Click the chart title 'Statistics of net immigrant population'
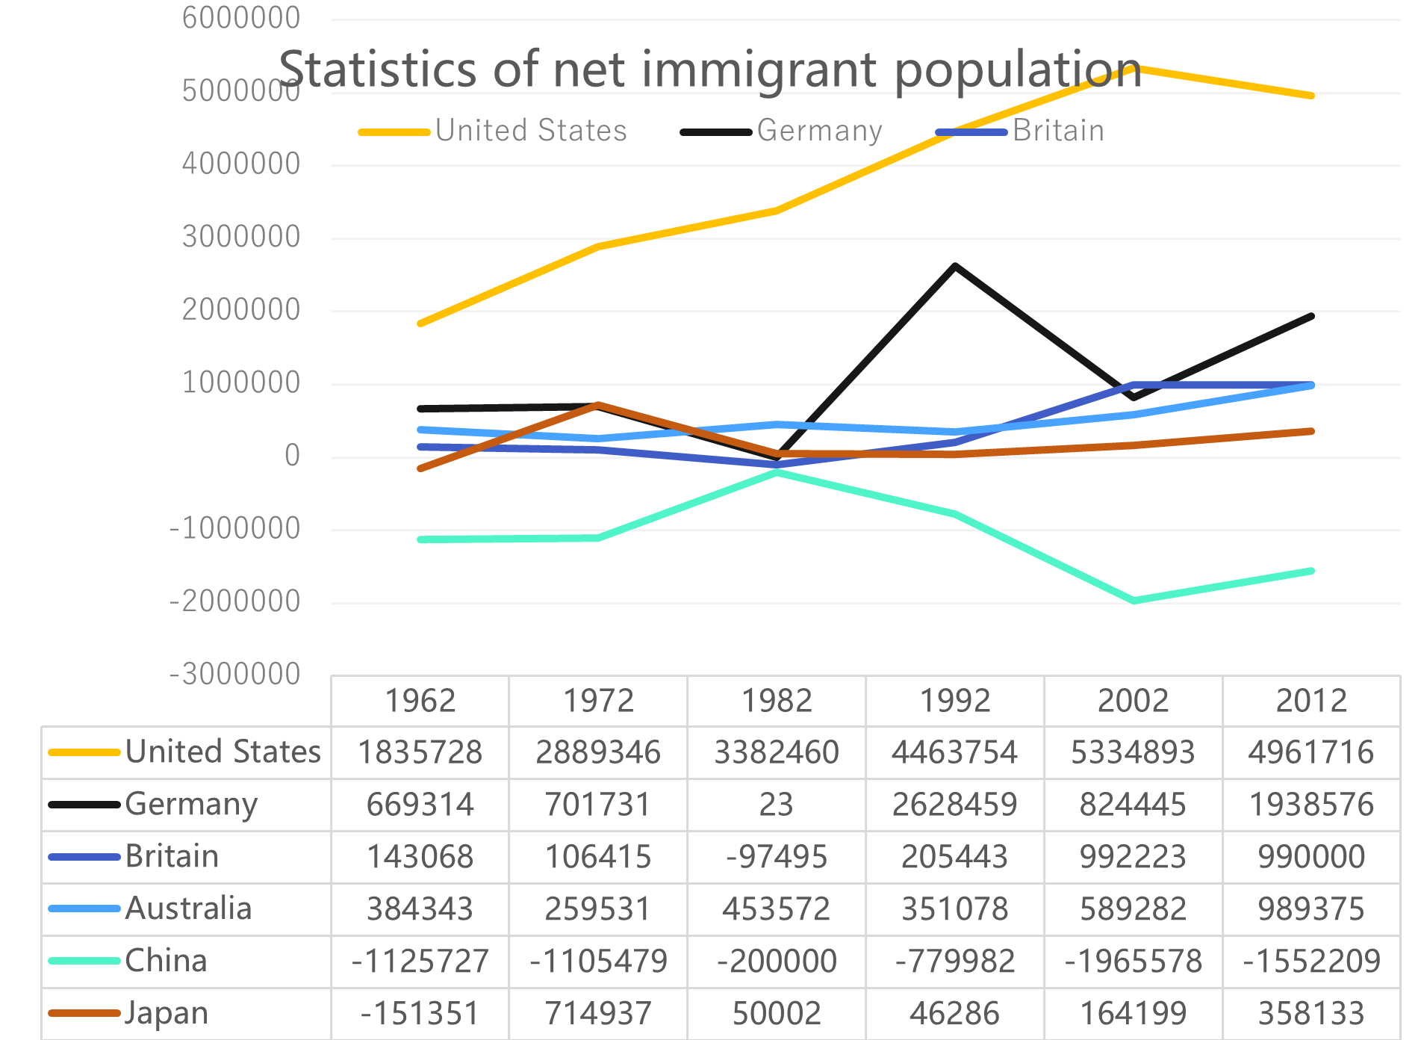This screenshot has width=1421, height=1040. tap(709, 69)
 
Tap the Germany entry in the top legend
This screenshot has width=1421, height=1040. tap(819, 131)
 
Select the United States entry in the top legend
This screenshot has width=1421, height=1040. tap(530, 131)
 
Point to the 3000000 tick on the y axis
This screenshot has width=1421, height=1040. tap(240, 237)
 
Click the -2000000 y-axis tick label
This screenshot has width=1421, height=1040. tap(234, 601)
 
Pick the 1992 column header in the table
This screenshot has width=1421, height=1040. tap(954, 701)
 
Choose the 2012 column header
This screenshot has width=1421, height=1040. tap(1311, 701)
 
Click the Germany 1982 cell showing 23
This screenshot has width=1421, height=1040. tap(777, 805)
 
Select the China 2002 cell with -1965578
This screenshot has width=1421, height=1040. tap(1133, 961)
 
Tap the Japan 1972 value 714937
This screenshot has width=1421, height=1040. tap(598, 1014)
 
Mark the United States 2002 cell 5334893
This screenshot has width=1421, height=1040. tap(1133, 752)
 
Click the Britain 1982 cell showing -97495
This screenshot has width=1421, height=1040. tap(777, 857)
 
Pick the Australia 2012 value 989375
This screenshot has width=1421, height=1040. tap(1311, 909)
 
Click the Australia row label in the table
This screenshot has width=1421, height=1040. tap(188, 909)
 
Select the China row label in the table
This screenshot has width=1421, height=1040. tap(166, 961)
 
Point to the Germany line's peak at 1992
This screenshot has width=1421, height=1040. tap(955, 266)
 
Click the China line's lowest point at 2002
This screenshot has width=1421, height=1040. tap(1134, 600)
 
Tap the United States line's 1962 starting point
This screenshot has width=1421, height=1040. tap(420, 324)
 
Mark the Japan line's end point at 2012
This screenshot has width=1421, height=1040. tap(1311, 431)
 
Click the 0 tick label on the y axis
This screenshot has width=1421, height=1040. tap(292, 455)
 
